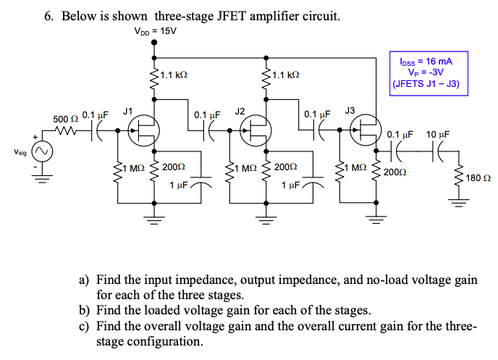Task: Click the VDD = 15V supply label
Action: (155, 31)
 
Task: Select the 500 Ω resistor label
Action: (66, 118)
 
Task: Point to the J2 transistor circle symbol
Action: (256, 131)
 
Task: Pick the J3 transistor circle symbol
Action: (366, 131)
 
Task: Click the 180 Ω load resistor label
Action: (478, 177)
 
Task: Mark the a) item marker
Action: (85, 280)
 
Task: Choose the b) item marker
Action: (85, 311)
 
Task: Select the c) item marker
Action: (85, 326)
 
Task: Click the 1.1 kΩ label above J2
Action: (285, 75)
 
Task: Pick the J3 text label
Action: (350, 110)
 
